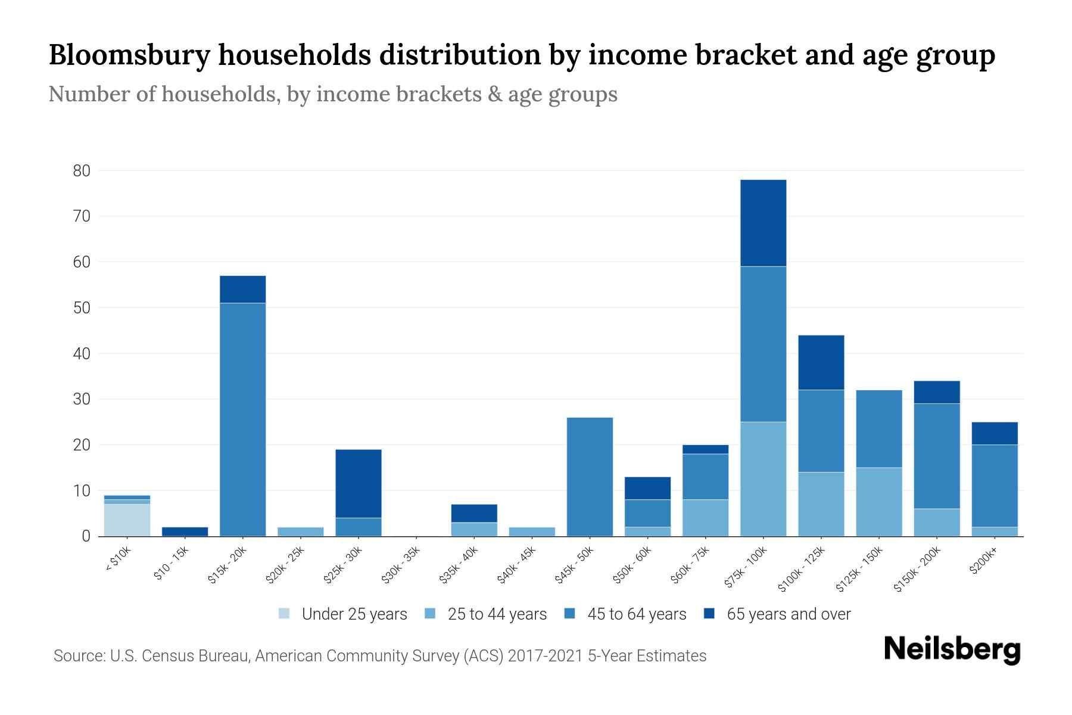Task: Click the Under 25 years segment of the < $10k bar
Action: [127, 520]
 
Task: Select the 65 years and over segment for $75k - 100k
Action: [763, 223]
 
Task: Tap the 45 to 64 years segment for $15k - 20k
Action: [242, 419]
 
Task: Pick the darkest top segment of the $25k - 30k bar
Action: [359, 483]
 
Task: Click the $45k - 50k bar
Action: [590, 477]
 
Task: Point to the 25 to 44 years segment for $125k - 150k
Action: [878, 502]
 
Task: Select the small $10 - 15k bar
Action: [185, 531]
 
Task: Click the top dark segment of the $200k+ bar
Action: [995, 433]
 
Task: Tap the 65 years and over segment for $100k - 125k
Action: [821, 362]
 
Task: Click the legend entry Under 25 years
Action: [343, 614]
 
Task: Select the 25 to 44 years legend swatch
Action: [431, 614]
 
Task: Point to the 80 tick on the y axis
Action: [82, 171]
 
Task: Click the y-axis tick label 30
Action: [82, 399]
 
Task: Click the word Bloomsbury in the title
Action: [129, 55]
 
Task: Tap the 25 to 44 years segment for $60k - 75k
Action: [705, 518]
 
